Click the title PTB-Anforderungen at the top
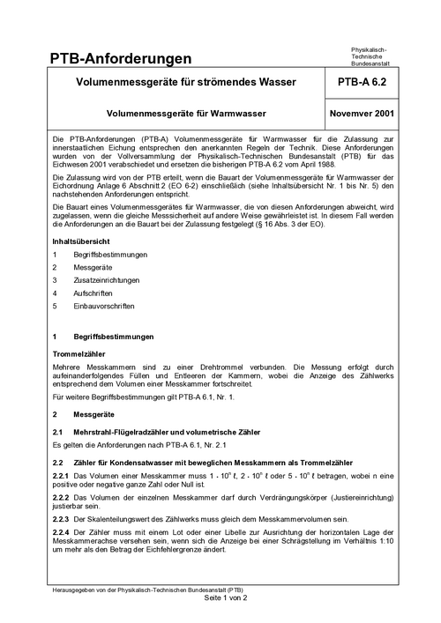pyautogui.click(x=120, y=59)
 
